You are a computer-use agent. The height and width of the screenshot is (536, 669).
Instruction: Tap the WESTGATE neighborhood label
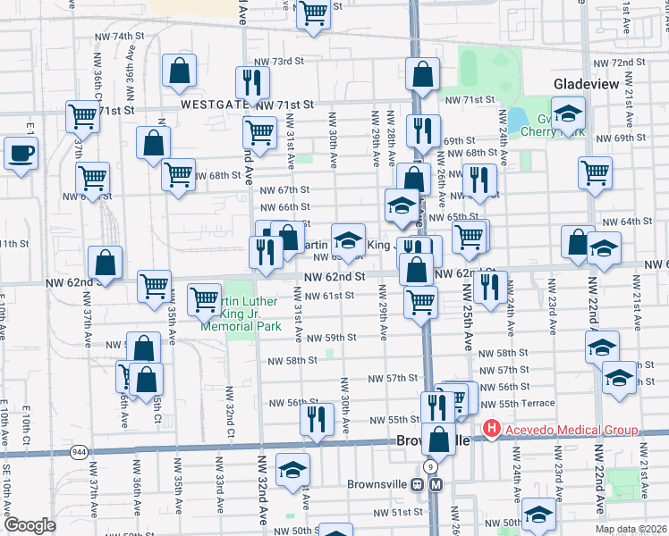click(216, 105)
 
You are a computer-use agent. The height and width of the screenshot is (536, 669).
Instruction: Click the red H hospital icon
click(490, 431)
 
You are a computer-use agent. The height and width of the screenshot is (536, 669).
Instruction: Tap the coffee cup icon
click(21, 153)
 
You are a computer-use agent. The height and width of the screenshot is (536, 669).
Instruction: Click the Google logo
click(30, 525)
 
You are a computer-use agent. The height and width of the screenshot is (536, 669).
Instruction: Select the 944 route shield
click(80, 452)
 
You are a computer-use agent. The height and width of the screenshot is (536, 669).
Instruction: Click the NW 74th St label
click(123, 36)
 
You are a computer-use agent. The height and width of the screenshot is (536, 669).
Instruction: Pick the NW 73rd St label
click(275, 61)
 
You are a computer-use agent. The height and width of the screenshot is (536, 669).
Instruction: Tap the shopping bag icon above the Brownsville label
click(439, 439)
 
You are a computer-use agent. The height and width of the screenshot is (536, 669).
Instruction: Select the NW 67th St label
click(284, 190)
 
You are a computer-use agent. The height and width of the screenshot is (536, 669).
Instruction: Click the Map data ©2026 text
click(631, 529)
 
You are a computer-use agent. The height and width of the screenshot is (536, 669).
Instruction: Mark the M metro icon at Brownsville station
click(436, 484)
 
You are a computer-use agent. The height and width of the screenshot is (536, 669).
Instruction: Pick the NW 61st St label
click(324, 296)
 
